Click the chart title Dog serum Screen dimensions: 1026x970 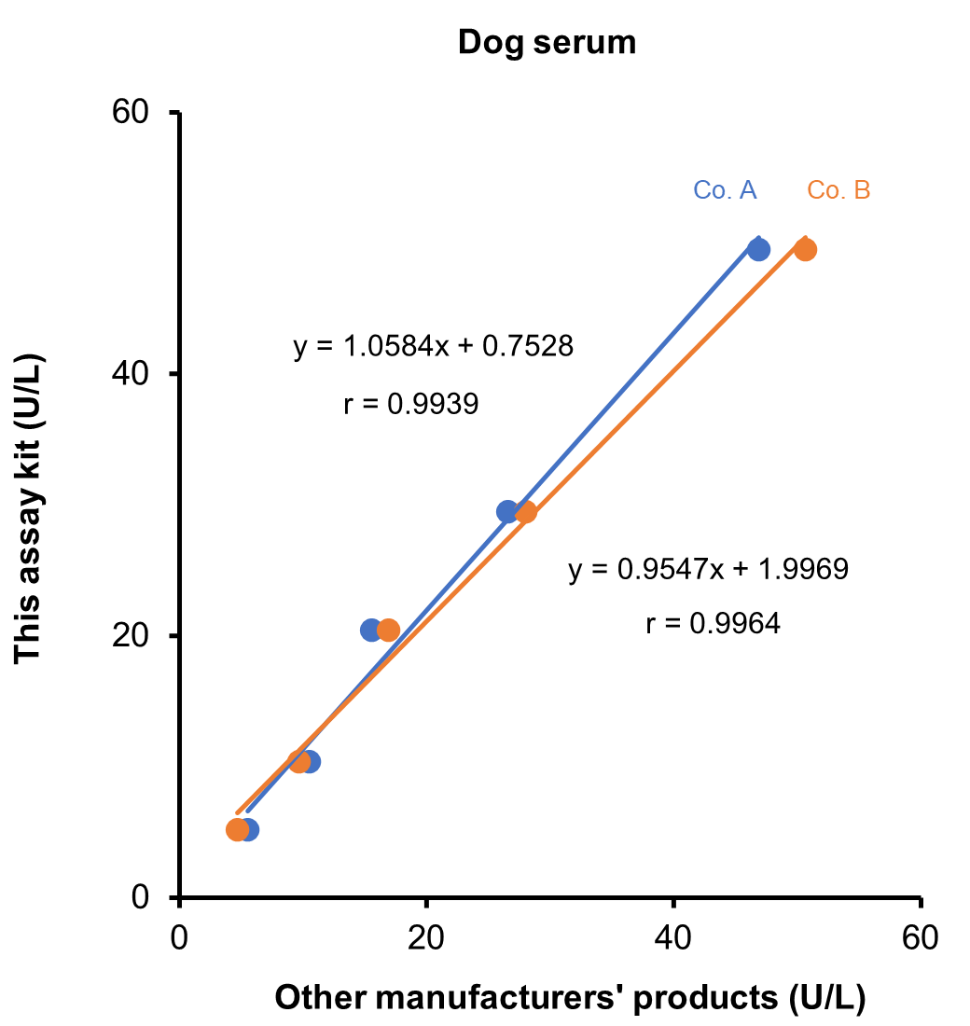pos(547,42)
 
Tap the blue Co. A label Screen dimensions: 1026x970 pos(725,190)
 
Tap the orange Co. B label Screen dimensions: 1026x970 pos(838,190)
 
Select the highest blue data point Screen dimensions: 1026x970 pos(758,249)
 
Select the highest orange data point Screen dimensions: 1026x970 pos(806,249)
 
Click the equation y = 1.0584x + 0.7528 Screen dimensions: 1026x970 pos(433,347)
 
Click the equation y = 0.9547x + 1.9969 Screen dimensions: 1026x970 pos(708,570)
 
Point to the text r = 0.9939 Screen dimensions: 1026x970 pos(410,404)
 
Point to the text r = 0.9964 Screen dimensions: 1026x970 pos(713,623)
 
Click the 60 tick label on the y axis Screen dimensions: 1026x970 pos(132,113)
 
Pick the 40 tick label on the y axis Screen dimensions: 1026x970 pos(132,374)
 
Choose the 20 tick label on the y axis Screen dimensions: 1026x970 pos(132,636)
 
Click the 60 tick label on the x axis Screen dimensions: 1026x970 pos(920,936)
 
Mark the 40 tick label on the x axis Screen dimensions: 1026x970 pos(673,936)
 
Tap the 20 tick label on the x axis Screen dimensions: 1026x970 pos(426,936)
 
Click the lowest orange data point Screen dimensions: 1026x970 pos(238,829)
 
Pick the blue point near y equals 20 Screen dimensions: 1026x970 pos(371,630)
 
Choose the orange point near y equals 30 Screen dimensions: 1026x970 pos(526,511)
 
